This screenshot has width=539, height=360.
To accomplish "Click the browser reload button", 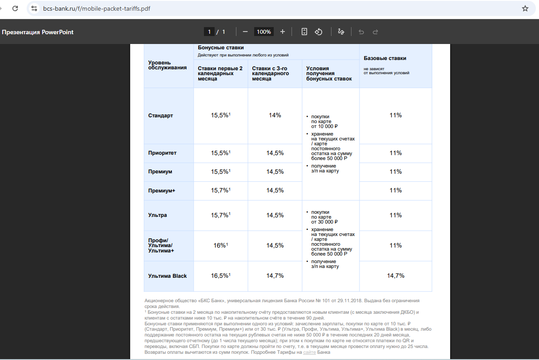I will click(x=15, y=8).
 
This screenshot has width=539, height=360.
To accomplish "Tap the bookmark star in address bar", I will click(x=525, y=8).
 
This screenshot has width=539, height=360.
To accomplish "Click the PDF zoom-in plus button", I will click(x=283, y=32).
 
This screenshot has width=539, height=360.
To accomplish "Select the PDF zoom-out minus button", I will click(x=245, y=32).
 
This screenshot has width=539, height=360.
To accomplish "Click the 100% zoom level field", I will click(x=264, y=32).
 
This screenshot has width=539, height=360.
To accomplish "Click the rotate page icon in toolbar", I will click(x=319, y=32).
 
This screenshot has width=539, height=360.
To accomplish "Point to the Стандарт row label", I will click(x=160, y=116).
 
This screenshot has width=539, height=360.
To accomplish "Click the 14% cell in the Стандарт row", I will click(x=275, y=116).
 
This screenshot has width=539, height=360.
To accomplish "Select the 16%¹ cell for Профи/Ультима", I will click(x=220, y=245).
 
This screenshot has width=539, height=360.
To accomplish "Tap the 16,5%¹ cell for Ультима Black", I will click(x=220, y=276).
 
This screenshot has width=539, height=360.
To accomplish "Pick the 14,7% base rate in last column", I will click(x=395, y=276).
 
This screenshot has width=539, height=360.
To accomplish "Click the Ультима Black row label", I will click(x=168, y=276).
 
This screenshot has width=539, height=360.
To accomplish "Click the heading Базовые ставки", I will click(x=385, y=58).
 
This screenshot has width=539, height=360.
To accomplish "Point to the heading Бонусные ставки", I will click(x=221, y=48).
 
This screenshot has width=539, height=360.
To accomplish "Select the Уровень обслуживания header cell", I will click(x=168, y=65).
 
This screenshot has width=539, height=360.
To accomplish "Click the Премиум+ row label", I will click(x=162, y=191).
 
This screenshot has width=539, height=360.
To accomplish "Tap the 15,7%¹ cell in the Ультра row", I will click(x=220, y=215).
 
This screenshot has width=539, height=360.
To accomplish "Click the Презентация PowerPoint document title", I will click(x=38, y=32).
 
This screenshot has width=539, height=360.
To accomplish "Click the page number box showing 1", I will click(x=209, y=32).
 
